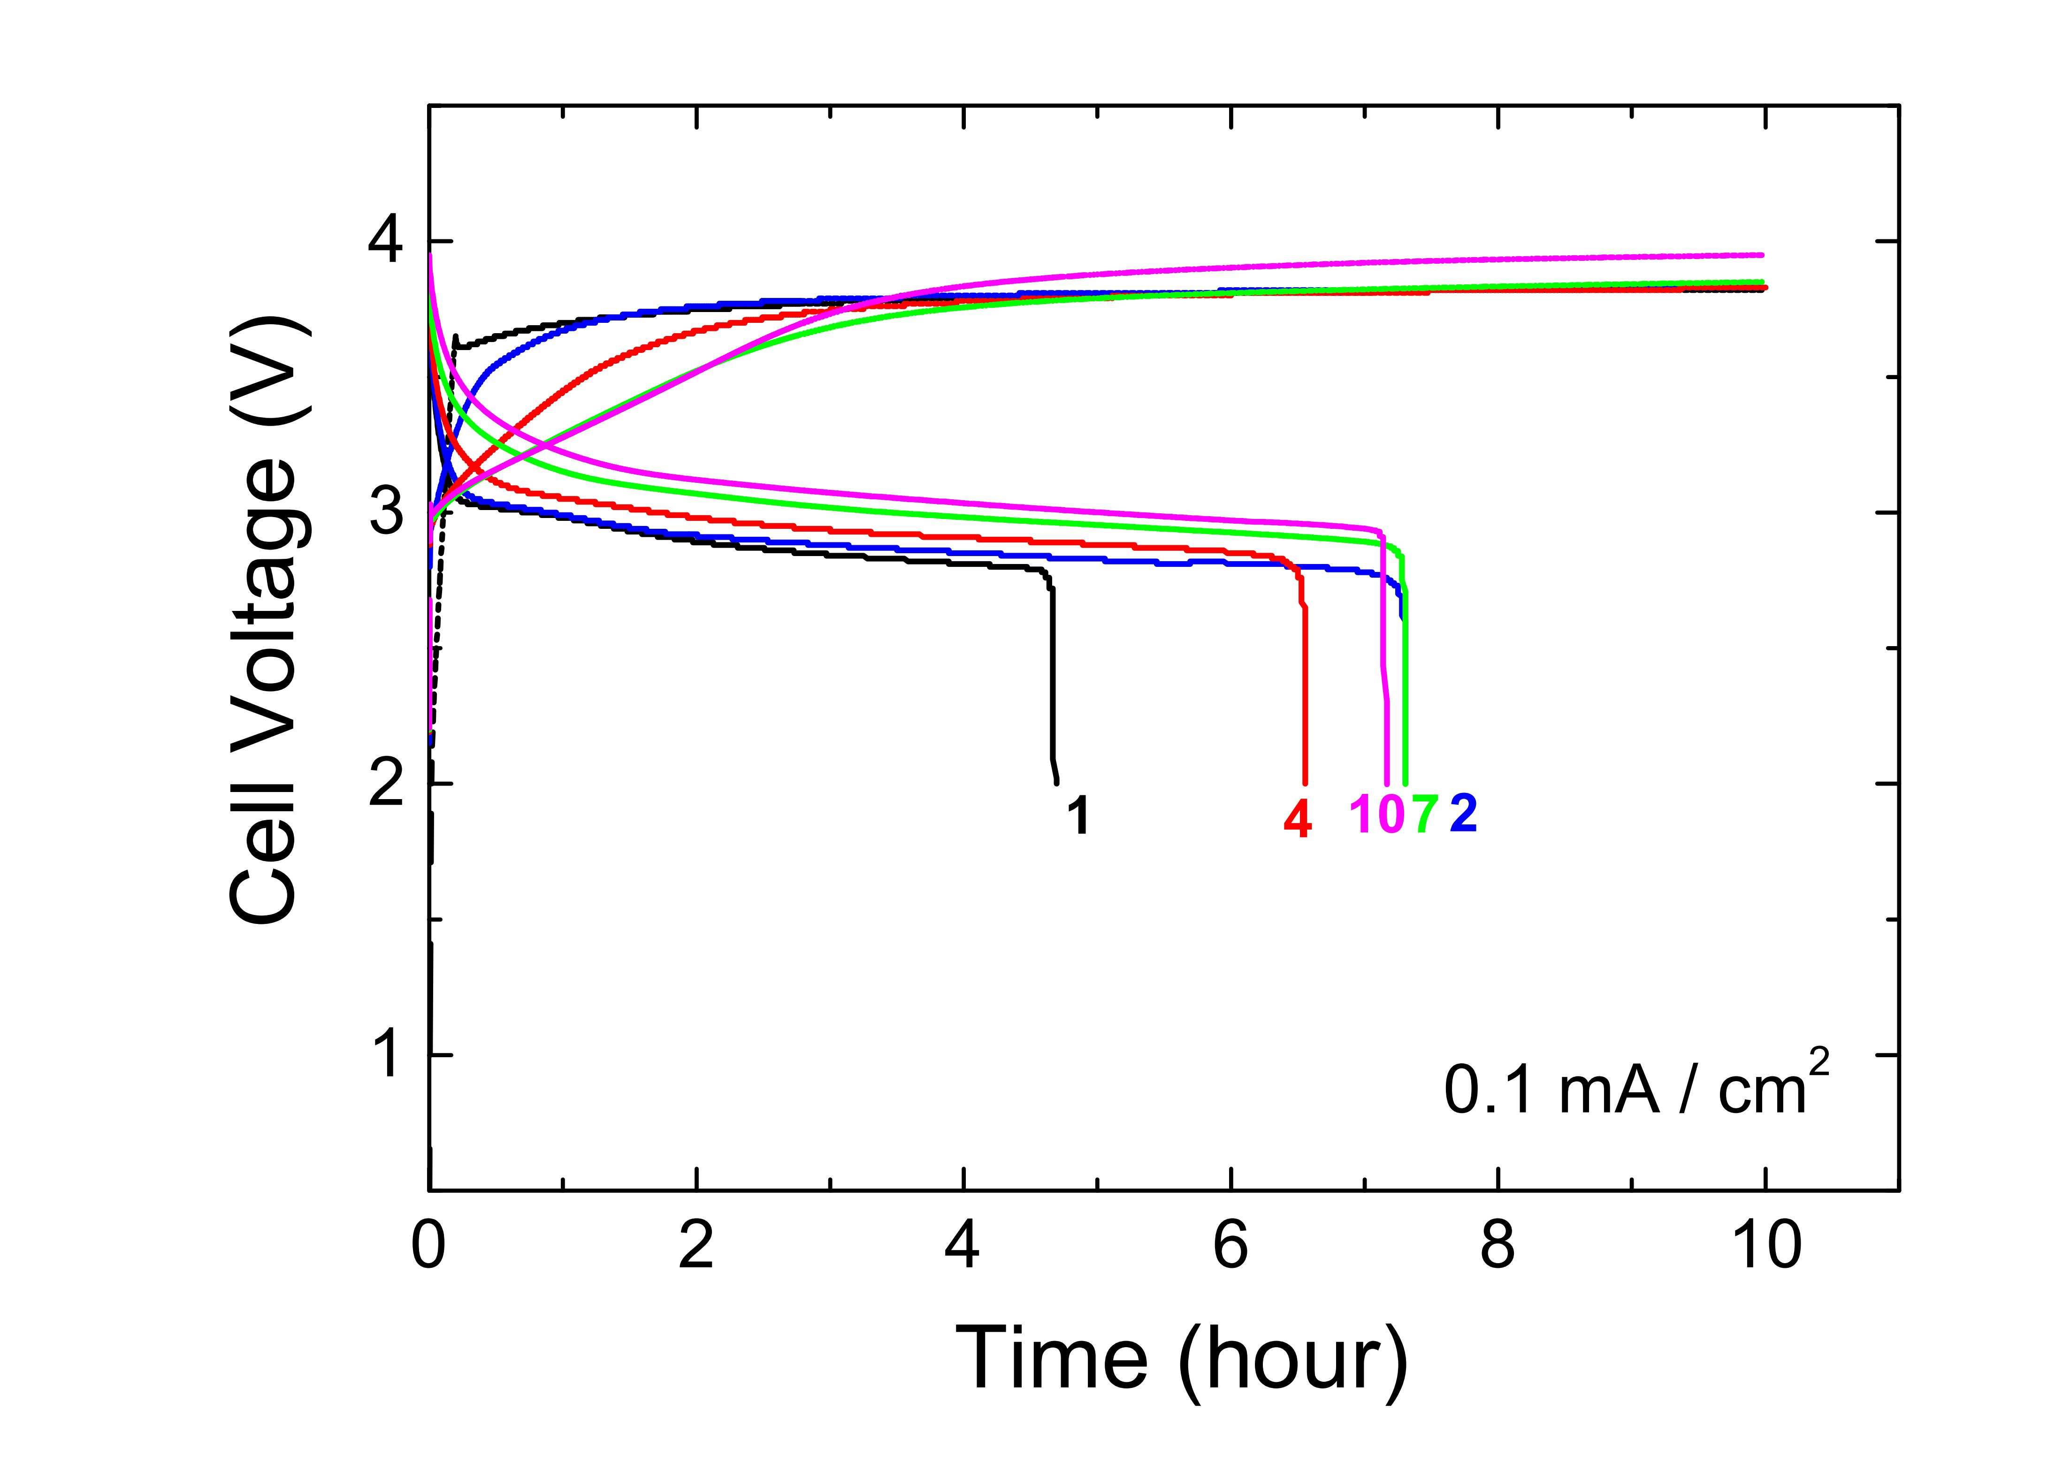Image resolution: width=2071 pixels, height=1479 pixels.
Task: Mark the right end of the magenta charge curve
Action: click(1763, 255)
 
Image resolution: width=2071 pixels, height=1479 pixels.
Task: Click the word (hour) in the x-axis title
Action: click(1293, 1364)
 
